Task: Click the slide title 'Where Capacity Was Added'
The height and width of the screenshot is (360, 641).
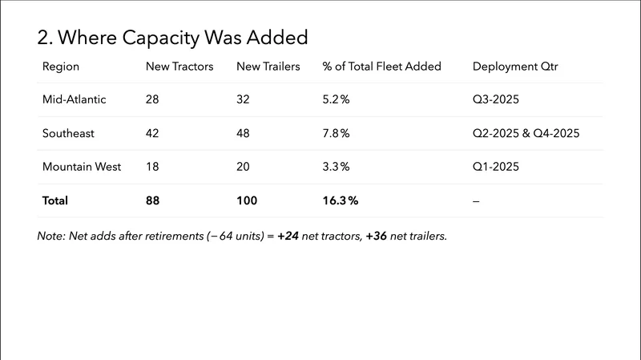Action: (x=172, y=37)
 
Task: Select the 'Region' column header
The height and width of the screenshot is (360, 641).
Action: (x=61, y=67)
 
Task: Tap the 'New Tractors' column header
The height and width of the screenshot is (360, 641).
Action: (x=179, y=67)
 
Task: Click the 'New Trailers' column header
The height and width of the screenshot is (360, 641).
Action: (x=268, y=67)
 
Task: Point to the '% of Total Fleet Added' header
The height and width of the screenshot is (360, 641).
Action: (x=381, y=67)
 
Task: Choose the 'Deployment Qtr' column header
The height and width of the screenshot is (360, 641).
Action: (x=515, y=67)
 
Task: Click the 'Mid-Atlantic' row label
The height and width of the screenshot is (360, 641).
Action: (x=74, y=99)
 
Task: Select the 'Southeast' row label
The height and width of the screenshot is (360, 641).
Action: (x=67, y=133)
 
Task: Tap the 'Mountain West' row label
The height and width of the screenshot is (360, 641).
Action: (x=82, y=167)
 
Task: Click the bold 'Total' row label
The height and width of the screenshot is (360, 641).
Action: (x=55, y=200)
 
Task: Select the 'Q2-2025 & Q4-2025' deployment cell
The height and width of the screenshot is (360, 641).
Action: (x=526, y=133)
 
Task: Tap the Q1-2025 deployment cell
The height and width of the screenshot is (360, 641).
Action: (x=497, y=167)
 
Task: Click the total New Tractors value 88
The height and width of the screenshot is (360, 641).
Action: (x=154, y=200)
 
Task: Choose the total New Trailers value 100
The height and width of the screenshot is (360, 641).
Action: (x=248, y=200)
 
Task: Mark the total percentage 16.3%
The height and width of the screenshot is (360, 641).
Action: (x=341, y=200)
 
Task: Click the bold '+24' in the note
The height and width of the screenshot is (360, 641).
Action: (x=289, y=237)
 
